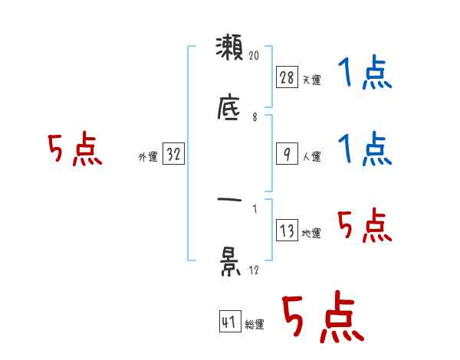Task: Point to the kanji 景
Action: pyautogui.click(x=229, y=261)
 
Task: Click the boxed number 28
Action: pyautogui.click(x=287, y=77)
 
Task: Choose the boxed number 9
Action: pyautogui.click(x=287, y=153)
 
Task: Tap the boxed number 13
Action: pyautogui.click(x=287, y=231)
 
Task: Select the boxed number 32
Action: pyautogui.click(x=173, y=154)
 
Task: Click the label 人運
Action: pyautogui.click(x=312, y=156)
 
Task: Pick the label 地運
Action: pyautogui.click(x=312, y=234)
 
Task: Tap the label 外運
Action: pyautogui.click(x=148, y=157)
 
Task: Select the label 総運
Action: pyautogui.click(x=255, y=325)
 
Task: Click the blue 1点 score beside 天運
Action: pyautogui.click(x=364, y=74)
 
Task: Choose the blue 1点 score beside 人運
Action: pyautogui.click(x=364, y=149)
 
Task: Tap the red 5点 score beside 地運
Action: pyautogui.click(x=364, y=227)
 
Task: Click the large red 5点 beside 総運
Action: pyautogui.click(x=322, y=318)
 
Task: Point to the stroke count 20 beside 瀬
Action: pyautogui.click(x=255, y=55)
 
